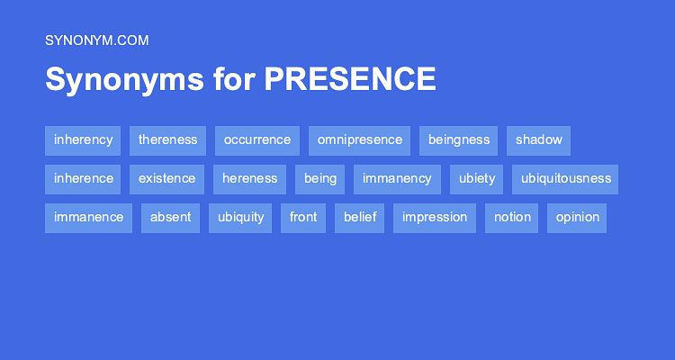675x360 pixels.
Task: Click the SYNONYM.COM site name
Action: tap(97, 40)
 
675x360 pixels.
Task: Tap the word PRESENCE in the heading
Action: tap(350, 79)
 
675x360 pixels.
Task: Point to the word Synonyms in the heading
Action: tap(124, 80)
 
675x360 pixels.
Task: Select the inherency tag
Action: tap(83, 140)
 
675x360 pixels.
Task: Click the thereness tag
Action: tap(168, 140)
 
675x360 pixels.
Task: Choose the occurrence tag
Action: tap(257, 140)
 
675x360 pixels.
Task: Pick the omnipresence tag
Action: tap(359, 140)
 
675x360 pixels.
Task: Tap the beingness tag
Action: tap(458, 140)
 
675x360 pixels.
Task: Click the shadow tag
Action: tap(538, 140)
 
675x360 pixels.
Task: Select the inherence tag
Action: tap(83, 179)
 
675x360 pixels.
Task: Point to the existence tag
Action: tap(167, 179)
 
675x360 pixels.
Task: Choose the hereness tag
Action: tap(249, 179)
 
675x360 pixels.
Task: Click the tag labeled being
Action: tap(319, 179)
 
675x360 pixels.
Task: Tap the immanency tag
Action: tap(397, 179)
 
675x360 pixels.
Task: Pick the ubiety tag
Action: tap(476, 179)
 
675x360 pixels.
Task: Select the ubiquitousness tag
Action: tap(565, 179)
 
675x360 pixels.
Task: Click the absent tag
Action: tap(170, 218)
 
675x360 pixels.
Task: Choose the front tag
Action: tap(303, 218)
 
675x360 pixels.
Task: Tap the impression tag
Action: tap(435, 218)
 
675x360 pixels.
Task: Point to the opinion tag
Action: tap(577, 218)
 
